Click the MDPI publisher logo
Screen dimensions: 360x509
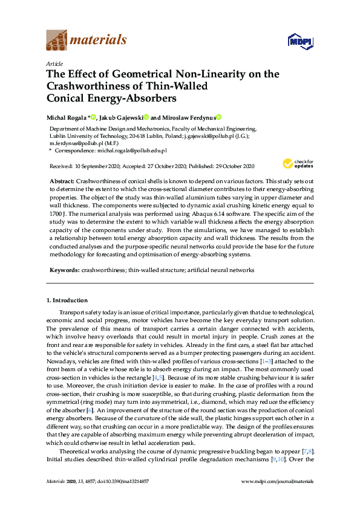coord(299,41)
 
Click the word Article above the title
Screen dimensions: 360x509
coord(53,63)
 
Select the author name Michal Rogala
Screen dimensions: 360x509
coord(67,117)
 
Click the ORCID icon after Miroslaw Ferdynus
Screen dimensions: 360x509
coord(219,117)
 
